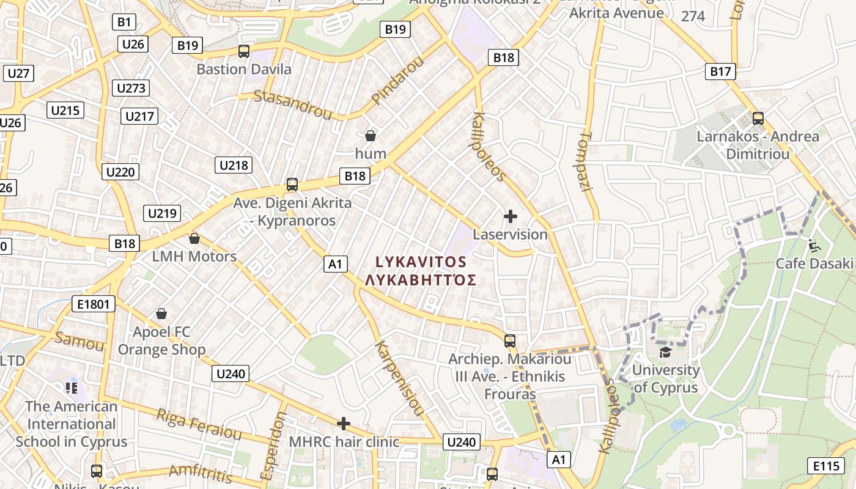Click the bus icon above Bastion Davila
(244, 51)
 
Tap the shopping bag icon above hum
(370, 135)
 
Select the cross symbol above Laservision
(510, 216)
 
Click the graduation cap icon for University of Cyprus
(665, 352)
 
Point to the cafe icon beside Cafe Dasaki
(813, 246)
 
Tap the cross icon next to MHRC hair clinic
(344, 423)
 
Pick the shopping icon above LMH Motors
(194, 238)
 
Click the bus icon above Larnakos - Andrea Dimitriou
(758, 119)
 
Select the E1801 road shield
(93, 304)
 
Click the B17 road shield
(720, 72)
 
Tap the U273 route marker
(131, 88)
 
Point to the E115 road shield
(826, 466)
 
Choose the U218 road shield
(234, 165)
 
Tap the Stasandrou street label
(293, 105)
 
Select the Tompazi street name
(585, 161)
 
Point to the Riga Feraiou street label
(199, 424)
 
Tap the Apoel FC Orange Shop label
(161, 341)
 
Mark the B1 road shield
(124, 23)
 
